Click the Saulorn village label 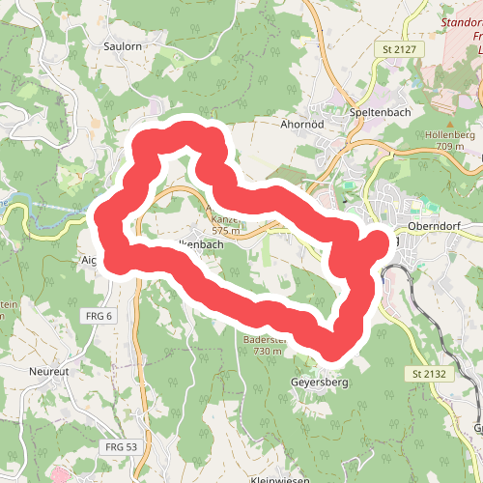123,45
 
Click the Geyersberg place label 318,383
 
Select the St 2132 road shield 431,374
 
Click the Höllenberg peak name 449,134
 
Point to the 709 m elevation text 450,146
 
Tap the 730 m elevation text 268,352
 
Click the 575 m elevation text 225,231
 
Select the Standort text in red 462,21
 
